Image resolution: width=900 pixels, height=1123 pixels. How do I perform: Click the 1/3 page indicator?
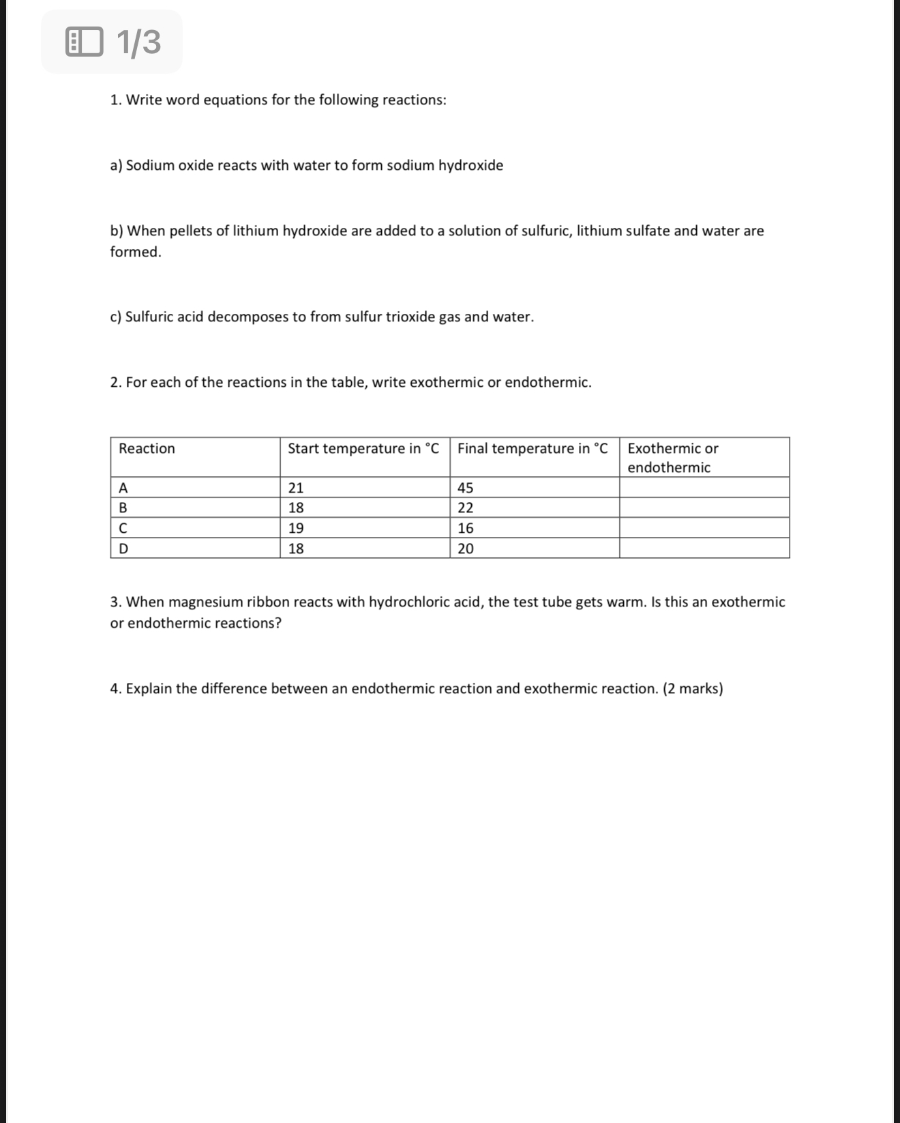[138, 42]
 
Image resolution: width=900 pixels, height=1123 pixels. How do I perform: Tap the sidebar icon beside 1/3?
[84, 42]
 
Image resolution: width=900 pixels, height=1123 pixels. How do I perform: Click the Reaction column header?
[147, 448]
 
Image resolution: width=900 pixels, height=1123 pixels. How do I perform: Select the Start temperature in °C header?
[363, 448]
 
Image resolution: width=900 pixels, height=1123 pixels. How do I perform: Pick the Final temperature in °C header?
[532, 448]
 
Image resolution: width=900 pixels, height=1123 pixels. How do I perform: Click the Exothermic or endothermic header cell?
[672, 458]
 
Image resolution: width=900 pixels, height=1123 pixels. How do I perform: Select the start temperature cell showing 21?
[296, 488]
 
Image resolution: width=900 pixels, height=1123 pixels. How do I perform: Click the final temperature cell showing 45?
[466, 488]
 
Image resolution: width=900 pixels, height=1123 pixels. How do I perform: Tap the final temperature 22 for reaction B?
[466, 508]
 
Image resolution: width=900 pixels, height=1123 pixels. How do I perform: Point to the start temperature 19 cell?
[296, 528]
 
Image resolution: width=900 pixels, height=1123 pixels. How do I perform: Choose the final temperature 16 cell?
[466, 528]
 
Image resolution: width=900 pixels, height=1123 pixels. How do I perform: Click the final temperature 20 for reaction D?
[466, 549]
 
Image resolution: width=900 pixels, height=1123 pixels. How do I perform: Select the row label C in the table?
[123, 528]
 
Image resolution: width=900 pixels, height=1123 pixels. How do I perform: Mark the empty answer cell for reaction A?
[704, 488]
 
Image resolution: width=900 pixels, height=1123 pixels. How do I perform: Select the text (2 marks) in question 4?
[693, 688]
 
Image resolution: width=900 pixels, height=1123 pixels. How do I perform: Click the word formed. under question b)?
[136, 252]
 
